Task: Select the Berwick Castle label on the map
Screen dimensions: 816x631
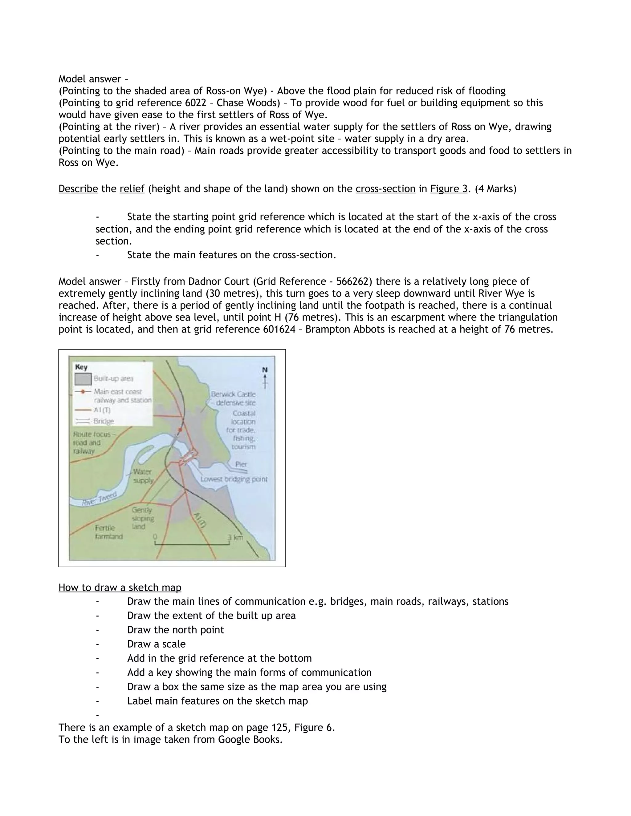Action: point(233,394)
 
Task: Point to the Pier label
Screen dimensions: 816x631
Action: point(241,464)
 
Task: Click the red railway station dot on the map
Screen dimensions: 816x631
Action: point(180,430)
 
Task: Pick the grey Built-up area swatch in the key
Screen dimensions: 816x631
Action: point(83,379)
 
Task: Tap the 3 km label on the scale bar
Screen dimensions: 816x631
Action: point(235,537)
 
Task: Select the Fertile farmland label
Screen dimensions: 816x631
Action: point(108,532)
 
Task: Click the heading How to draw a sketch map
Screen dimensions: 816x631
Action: point(120,588)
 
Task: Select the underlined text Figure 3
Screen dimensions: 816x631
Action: point(449,189)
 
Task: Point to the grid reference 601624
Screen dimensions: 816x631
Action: point(278,329)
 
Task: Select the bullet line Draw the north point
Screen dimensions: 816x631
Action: point(175,630)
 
